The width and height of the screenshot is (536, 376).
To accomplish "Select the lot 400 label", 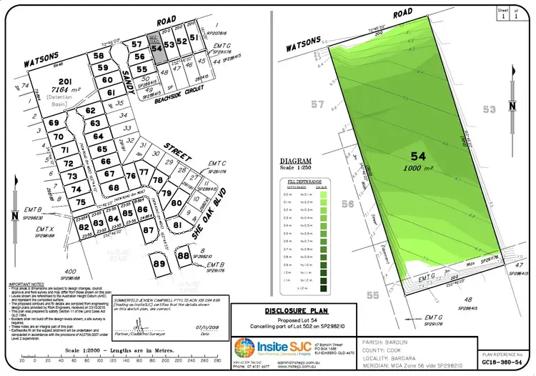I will pyautogui.click(x=70, y=272).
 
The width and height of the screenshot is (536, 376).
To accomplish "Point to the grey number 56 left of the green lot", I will pyautogui.click(x=348, y=204).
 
